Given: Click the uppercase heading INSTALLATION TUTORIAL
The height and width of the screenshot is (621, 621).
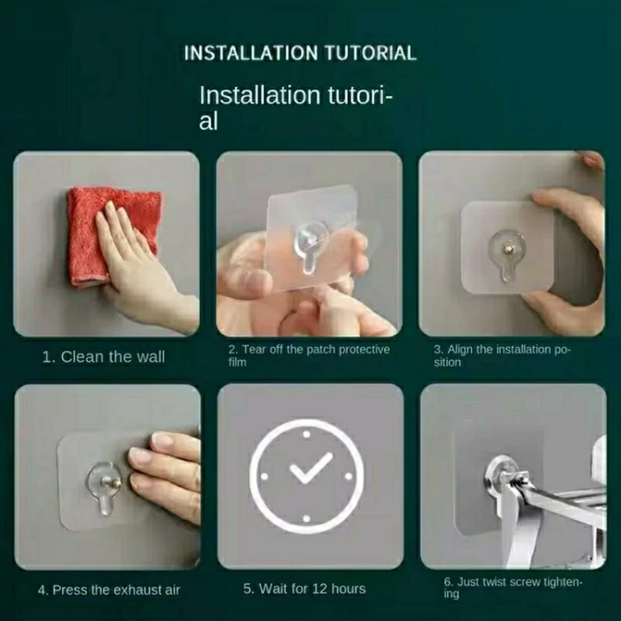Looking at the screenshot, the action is [301, 53].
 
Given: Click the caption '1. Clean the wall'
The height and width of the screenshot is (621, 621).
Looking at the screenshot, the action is [103, 357].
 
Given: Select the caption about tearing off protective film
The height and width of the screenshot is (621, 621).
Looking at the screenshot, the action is [309, 356].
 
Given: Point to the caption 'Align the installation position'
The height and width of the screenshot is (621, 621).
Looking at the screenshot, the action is [503, 356].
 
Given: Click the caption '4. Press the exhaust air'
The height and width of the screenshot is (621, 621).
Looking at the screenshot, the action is [109, 590].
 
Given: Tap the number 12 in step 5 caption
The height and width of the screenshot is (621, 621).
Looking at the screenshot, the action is [320, 589].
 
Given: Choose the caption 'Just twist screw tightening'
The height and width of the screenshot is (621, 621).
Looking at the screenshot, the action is [513, 588].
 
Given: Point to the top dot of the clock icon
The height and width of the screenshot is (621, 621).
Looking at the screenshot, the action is [306, 435].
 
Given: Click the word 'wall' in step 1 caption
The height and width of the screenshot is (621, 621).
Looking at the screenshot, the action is [151, 357].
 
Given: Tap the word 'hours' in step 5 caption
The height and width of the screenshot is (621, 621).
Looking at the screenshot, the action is [349, 589].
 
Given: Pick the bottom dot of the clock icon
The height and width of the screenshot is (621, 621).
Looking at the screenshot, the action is [306, 518].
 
